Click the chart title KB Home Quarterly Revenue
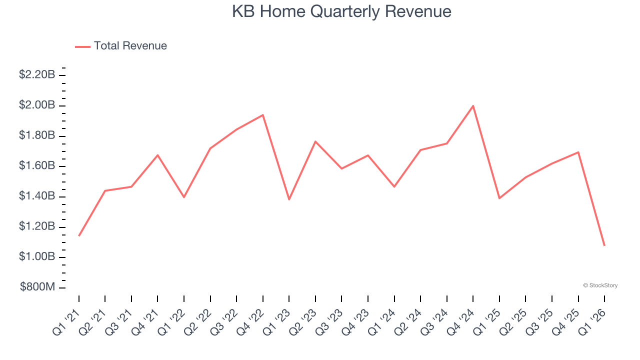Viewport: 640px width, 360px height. (341, 11)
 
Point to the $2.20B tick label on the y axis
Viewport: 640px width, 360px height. (37, 75)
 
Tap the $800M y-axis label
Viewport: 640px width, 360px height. (37, 287)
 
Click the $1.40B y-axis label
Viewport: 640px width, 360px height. (37, 196)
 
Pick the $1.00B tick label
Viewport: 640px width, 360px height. (37, 257)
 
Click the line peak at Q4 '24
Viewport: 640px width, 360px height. (473, 106)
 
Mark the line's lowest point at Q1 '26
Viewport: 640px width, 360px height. (604, 245)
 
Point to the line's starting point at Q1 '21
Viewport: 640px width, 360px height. (79, 235)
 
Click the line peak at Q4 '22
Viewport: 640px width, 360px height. (263, 115)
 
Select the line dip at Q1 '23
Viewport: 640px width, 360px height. (289, 199)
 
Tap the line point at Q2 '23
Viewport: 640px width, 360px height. (315, 141)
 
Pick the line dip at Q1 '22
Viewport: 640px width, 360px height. (184, 197)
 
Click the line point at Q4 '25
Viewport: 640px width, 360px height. (578, 152)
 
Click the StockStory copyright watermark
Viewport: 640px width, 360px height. (600, 285)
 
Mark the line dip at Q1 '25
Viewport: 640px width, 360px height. (499, 198)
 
